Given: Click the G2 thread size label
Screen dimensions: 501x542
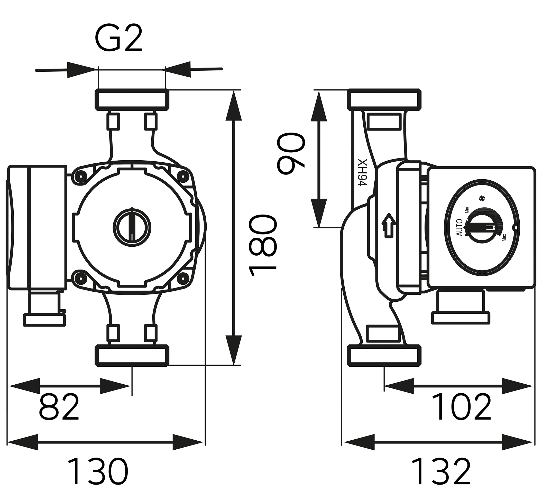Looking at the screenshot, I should tap(118, 39).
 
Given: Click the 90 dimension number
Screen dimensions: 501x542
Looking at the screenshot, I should tap(291, 153).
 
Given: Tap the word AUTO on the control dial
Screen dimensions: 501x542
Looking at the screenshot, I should tap(459, 227).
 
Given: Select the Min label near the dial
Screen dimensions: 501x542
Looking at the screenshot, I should tap(467, 210).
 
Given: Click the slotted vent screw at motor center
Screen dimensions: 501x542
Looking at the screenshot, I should tap(132, 225).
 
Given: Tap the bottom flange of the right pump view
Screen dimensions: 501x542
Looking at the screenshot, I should tap(384, 355).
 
